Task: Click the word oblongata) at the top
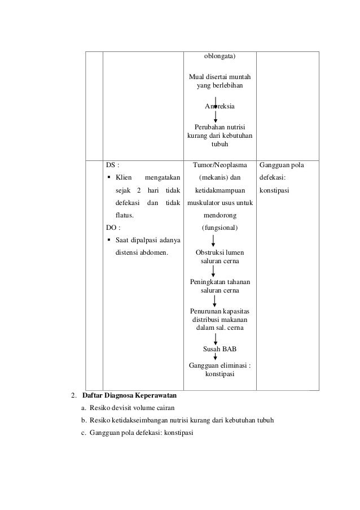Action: tap(220, 56)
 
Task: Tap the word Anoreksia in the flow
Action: tap(220, 106)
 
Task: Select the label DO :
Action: tap(113, 228)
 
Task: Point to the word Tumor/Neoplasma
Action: tap(220, 165)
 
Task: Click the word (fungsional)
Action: tap(220, 228)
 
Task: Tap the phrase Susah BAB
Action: tap(219, 348)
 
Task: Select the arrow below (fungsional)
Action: tap(220, 241)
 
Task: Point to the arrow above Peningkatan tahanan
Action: tap(220, 272)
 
